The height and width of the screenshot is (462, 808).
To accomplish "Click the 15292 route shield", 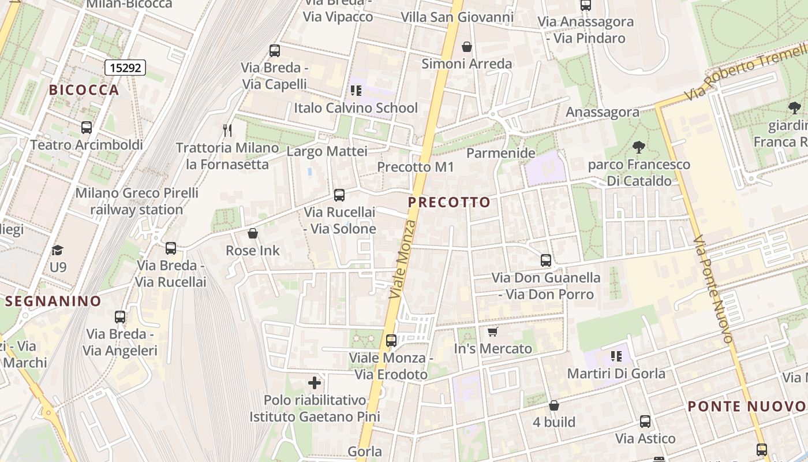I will [x=125, y=68].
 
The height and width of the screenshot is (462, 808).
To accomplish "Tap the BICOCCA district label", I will [x=84, y=90].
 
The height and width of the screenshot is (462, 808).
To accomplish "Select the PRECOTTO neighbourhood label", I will [x=449, y=203].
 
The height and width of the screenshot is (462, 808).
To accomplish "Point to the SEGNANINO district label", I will [x=53, y=301].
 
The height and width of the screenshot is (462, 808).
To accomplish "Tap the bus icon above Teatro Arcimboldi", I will [x=87, y=128].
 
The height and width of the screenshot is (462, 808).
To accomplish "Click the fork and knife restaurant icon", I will [x=227, y=131].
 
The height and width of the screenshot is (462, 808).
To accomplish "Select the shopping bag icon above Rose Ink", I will [x=252, y=233].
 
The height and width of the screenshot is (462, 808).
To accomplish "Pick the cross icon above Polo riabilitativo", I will [x=315, y=383].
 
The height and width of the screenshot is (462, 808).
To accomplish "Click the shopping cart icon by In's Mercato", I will [x=492, y=331].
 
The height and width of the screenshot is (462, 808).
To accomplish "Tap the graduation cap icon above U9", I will [x=57, y=250].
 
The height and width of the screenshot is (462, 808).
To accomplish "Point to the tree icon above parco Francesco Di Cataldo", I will [x=638, y=147].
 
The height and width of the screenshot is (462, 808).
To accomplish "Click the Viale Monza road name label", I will [x=403, y=259].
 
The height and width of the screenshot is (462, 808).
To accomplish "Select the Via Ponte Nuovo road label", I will [x=714, y=289].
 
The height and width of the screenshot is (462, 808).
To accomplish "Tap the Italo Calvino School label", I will [x=356, y=108].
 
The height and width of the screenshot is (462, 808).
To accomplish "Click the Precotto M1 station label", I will [x=416, y=167].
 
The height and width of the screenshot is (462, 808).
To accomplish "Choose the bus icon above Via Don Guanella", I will [x=546, y=260].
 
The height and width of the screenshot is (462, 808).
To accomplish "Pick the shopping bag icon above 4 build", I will [x=554, y=405].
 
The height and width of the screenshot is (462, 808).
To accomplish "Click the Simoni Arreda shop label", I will [x=466, y=64].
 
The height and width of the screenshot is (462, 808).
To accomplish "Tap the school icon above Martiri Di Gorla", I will [x=616, y=356].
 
